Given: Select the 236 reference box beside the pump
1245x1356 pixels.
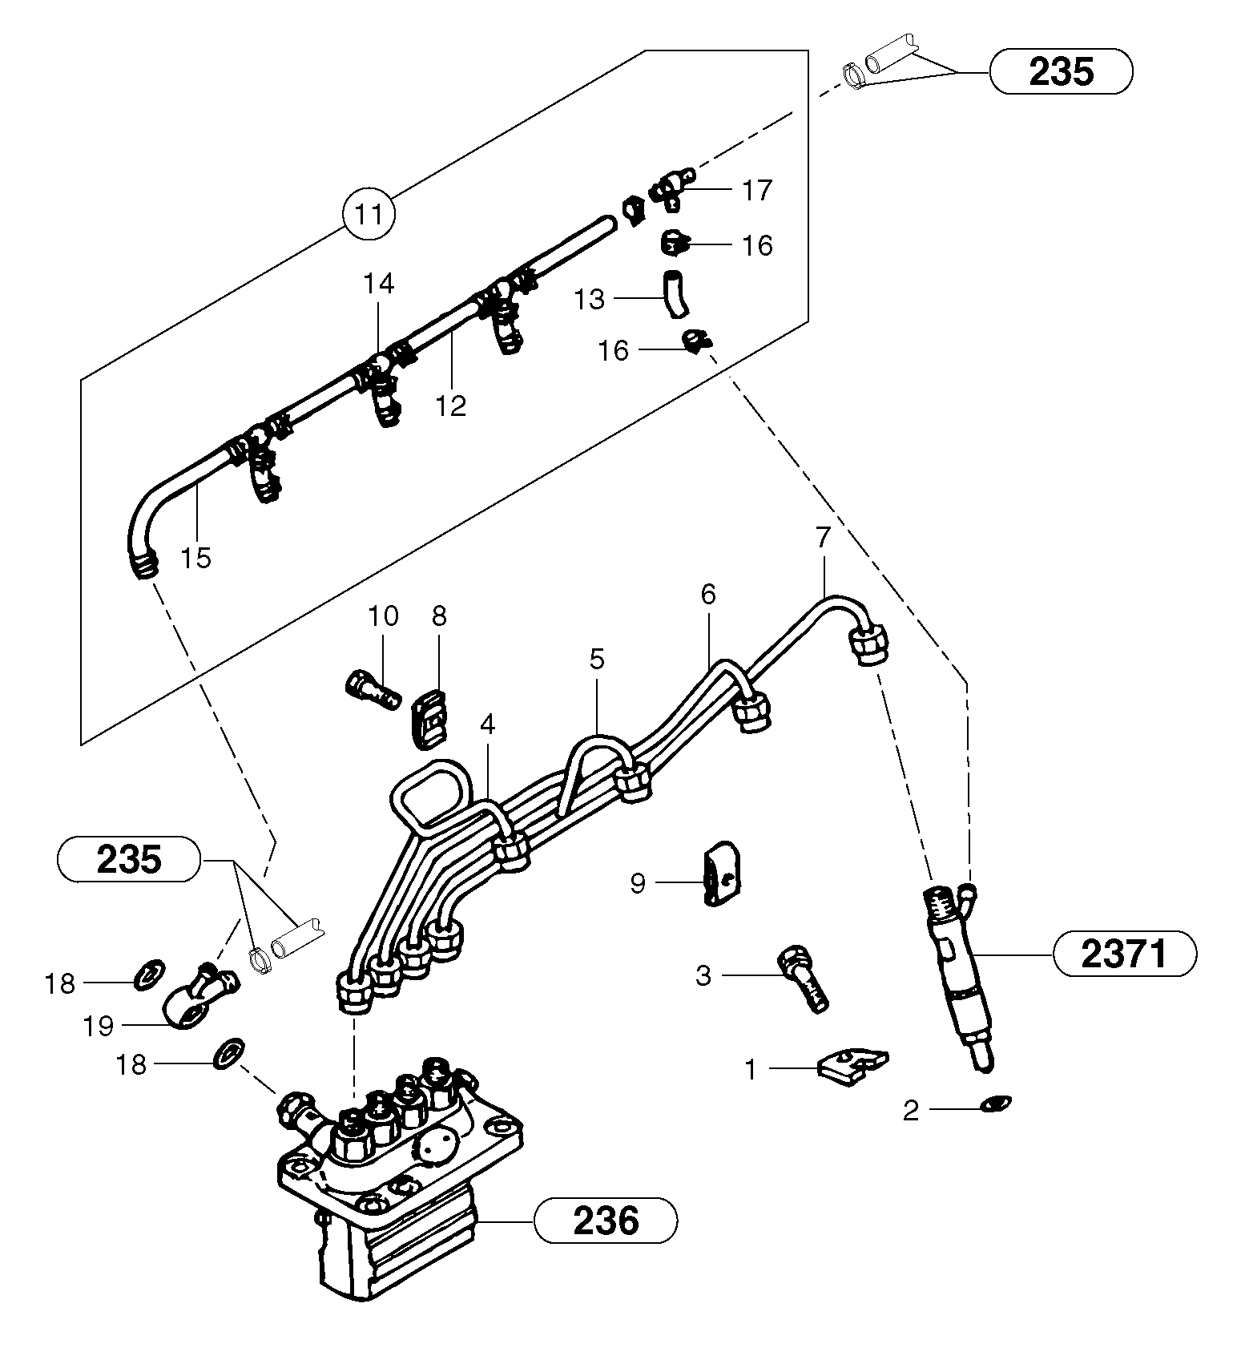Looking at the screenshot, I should (606, 1221).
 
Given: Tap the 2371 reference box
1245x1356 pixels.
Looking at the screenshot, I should (1124, 954).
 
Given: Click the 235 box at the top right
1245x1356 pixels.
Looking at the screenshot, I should (1061, 72).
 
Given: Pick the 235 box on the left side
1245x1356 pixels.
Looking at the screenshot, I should (128, 860).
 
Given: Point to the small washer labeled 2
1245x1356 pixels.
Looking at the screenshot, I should (997, 1104).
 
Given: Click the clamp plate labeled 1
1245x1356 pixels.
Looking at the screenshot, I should (851, 1065).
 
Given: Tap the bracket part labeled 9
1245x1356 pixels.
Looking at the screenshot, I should (720, 874).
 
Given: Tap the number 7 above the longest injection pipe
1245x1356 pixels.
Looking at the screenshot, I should (824, 538).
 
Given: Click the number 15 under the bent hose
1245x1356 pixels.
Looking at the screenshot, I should (195, 557).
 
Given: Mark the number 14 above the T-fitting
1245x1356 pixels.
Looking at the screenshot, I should (379, 283).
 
